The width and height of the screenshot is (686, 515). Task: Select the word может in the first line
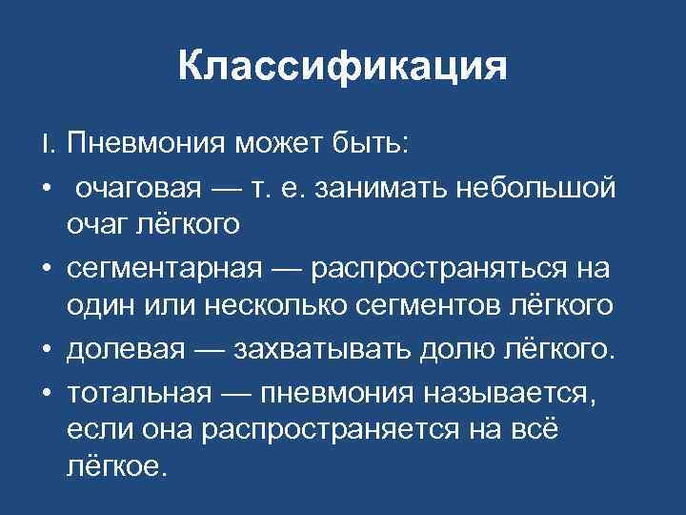[282, 144]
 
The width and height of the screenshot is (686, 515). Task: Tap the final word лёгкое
[115, 468]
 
